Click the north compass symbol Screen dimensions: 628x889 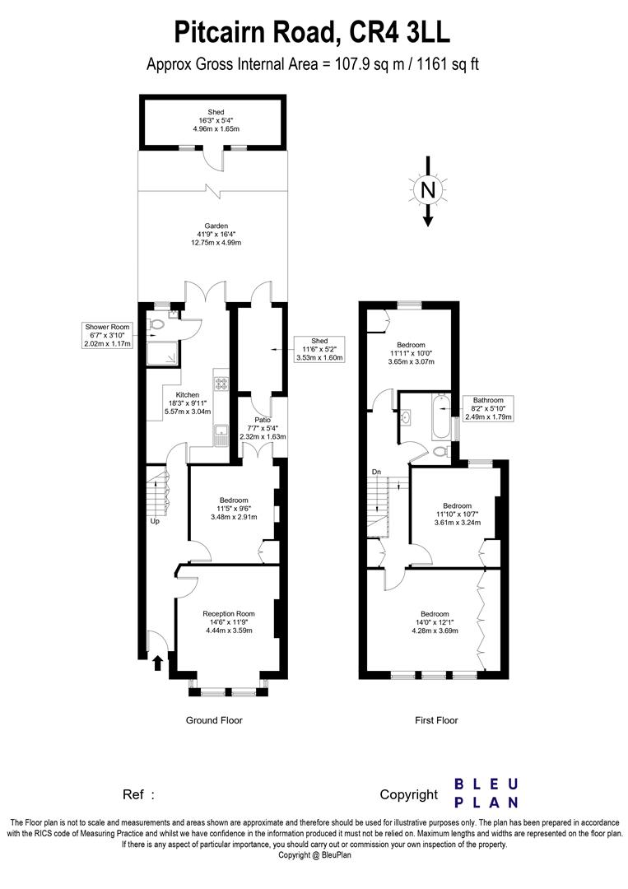tap(428, 191)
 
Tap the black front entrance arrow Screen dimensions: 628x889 tap(158, 663)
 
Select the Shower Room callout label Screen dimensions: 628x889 tap(108, 335)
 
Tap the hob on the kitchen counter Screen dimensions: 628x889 tap(221, 384)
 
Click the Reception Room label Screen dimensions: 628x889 tap(229, 622)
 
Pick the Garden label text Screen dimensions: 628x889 tap(216, 234)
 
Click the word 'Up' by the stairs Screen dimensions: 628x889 tap(155, 521)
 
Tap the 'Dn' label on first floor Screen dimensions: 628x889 tap(376, 472)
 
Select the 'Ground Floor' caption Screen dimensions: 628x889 tap(214, 720)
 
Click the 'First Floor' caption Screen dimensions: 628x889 tap(436, 720)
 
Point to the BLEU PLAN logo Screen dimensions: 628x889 tap(487, 794)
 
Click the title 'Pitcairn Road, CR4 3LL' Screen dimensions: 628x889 tap(312, 32)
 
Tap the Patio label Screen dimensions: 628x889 tap(263, 429)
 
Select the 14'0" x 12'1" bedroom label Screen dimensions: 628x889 tap(435, 622)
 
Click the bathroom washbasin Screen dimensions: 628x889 tap(406, 418)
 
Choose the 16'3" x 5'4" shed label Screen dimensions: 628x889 tap(216, 120)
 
